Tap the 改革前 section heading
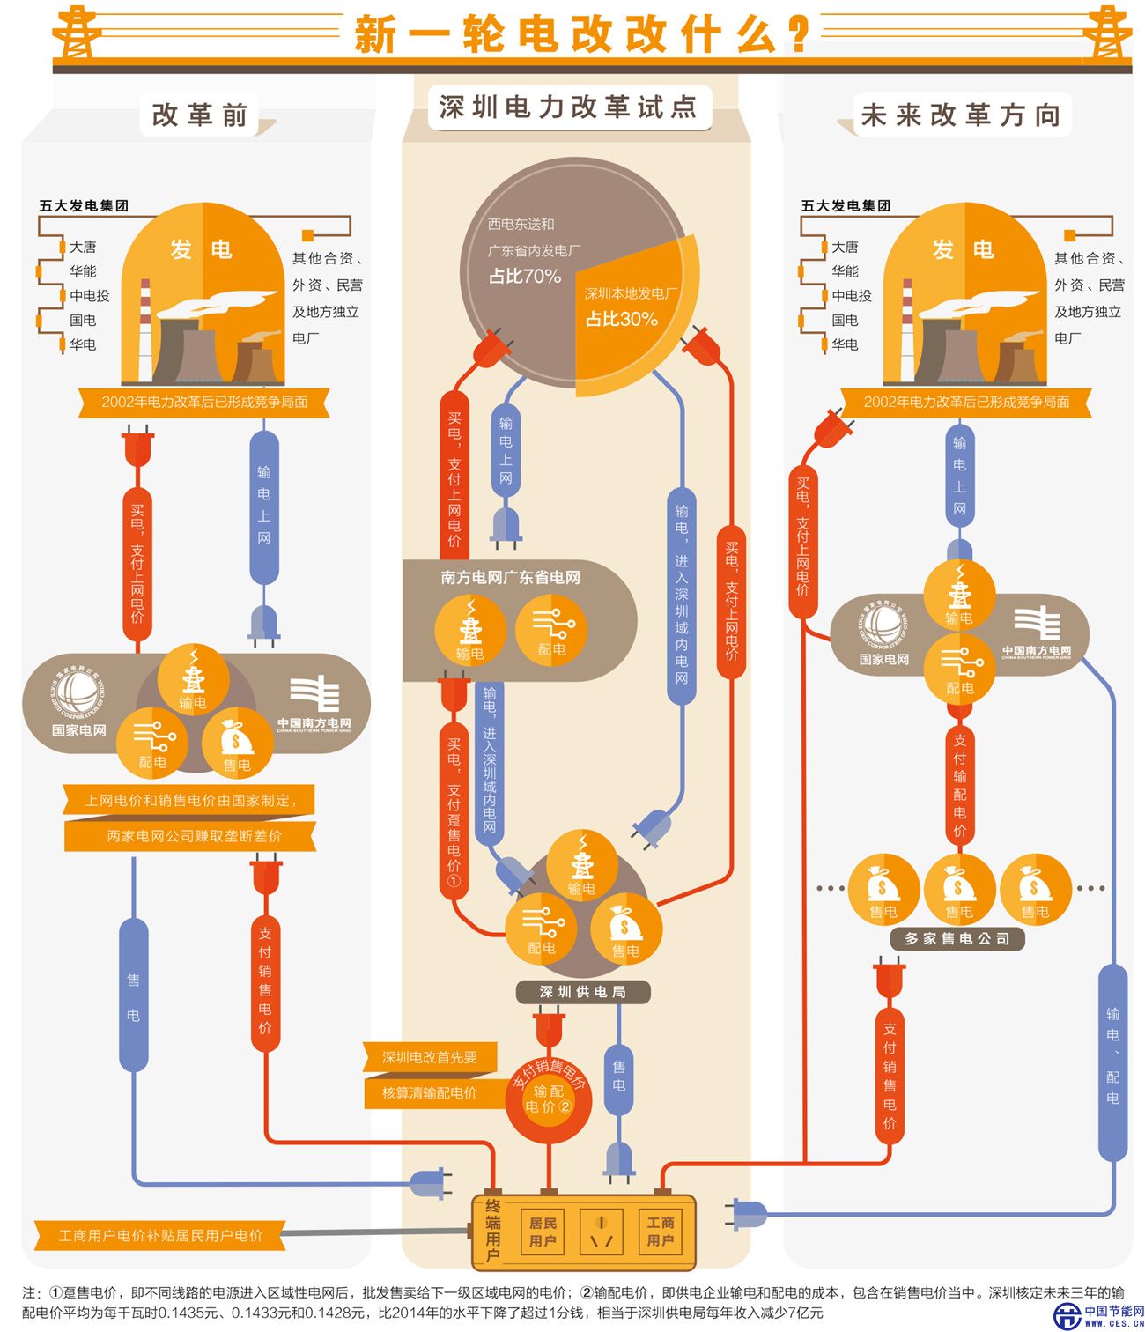pyautogui.click(x=199, y=115)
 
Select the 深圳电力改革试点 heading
pyautogui.click(x=568, y=107)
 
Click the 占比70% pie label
pyautogui.click(x=525, y=277)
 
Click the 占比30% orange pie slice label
pyautogui.click(x=622, y=319)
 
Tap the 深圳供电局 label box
pyautogui.click(x=582, y=992)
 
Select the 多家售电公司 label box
pyautogui.click(x=957, y=939)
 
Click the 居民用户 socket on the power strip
pyautogui.click(x=543, y=1232)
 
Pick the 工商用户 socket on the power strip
pyautogui.click(x=660, y=1232)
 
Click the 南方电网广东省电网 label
pyautogui.click(x=511, y=578)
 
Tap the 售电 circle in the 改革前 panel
pyautogui.click(x=236, y=743)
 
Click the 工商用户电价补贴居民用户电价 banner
pyautogui.click(x=160, y=1235)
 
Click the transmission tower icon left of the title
pyautogui.click(x=78, y=32)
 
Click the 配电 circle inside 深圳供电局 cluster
pyautogui.click(x=542, y=928)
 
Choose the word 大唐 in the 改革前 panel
pyautogui.click(x=83, y=248)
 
